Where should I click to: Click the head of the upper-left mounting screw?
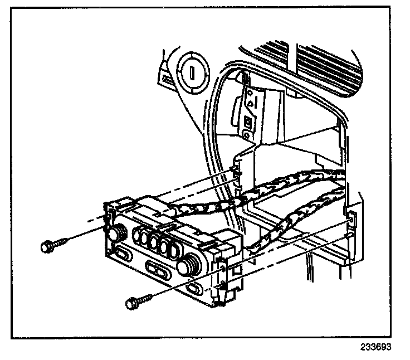point(47,246)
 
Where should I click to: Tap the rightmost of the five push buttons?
point(178,250)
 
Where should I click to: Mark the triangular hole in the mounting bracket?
point(251,103)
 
